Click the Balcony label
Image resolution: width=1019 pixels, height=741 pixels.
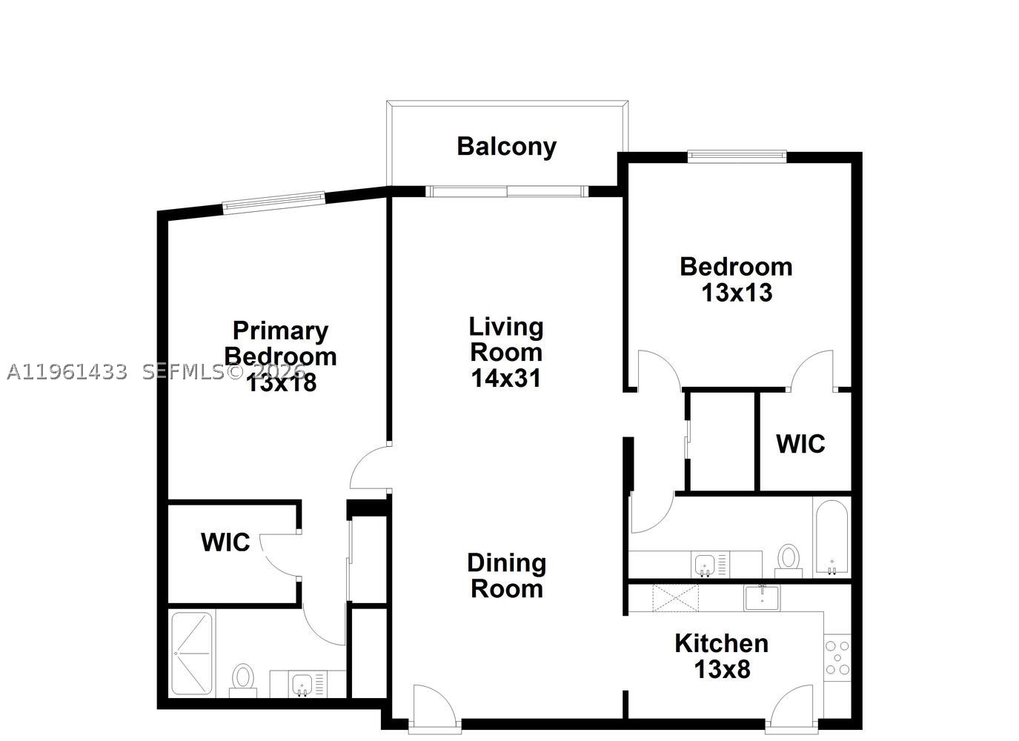(506, 147)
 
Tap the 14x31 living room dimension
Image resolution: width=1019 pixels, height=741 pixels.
(506, 378)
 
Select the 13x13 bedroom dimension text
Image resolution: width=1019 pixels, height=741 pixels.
(737, 293)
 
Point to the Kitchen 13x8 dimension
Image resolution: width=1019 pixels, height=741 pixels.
(722, 669)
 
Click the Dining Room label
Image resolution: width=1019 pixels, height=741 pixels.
(507, 576)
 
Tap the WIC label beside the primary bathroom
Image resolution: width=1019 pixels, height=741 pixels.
(225, 542)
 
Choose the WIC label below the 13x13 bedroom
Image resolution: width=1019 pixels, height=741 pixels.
(800, 444)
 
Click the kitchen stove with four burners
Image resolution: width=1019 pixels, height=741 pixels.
(837, 657)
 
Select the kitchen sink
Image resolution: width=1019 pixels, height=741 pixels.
(762, 598)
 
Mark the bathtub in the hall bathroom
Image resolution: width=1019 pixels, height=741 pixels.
(832, 537)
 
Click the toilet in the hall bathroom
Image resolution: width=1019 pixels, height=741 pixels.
(789, 561)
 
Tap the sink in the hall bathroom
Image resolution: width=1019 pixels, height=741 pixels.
(705, 565)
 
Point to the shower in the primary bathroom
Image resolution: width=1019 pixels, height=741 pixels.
(193, 654)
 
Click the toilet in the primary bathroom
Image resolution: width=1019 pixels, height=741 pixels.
(243, 680)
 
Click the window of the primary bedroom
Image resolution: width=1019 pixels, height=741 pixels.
(274, 203)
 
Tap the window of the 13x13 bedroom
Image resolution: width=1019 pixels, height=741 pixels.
(737, 157)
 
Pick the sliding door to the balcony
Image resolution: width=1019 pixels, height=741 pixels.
(507, 191)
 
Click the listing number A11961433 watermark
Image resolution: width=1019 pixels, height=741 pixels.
(67, 373)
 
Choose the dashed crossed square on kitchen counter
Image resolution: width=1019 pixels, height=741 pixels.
(675, 598)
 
